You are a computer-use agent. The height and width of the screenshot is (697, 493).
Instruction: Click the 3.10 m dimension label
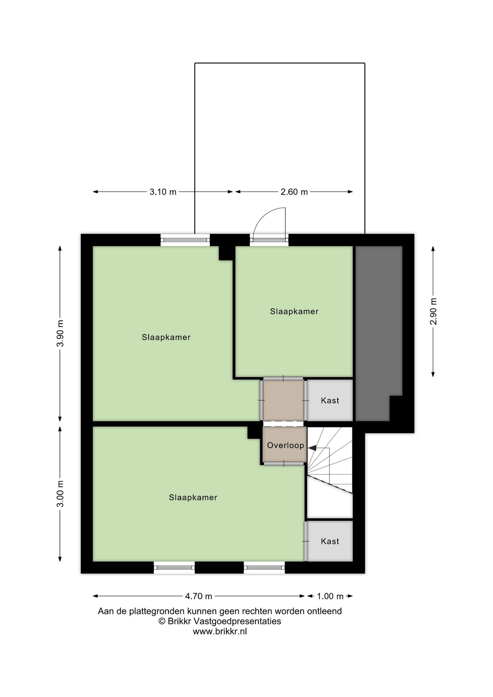163,192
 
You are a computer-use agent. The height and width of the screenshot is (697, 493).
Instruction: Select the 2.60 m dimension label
294,192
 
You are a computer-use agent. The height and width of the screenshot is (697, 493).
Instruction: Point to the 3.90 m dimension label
60,333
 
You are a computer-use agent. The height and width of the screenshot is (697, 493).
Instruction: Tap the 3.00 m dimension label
60,494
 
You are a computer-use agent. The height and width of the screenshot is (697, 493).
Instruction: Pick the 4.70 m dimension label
199,596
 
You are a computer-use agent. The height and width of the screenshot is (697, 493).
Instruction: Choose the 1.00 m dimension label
330,596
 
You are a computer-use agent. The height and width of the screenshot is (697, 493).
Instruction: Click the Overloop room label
285,445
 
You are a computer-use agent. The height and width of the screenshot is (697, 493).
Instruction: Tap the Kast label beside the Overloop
330,400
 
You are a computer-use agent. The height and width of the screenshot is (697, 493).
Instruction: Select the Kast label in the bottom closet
330,541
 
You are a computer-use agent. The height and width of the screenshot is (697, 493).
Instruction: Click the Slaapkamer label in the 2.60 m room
294,311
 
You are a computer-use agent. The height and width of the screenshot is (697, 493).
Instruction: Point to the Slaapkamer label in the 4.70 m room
193,497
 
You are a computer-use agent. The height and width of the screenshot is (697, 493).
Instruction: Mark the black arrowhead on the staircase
312,448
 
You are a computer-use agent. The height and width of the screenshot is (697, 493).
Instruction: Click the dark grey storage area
378,327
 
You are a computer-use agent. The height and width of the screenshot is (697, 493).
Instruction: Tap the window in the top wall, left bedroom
185,240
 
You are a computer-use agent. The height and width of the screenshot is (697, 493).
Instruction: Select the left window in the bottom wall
174,567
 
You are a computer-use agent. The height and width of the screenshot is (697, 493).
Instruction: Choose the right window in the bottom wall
264,567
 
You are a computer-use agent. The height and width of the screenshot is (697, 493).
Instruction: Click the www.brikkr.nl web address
220,631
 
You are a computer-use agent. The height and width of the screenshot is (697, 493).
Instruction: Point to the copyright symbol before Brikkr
162,621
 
